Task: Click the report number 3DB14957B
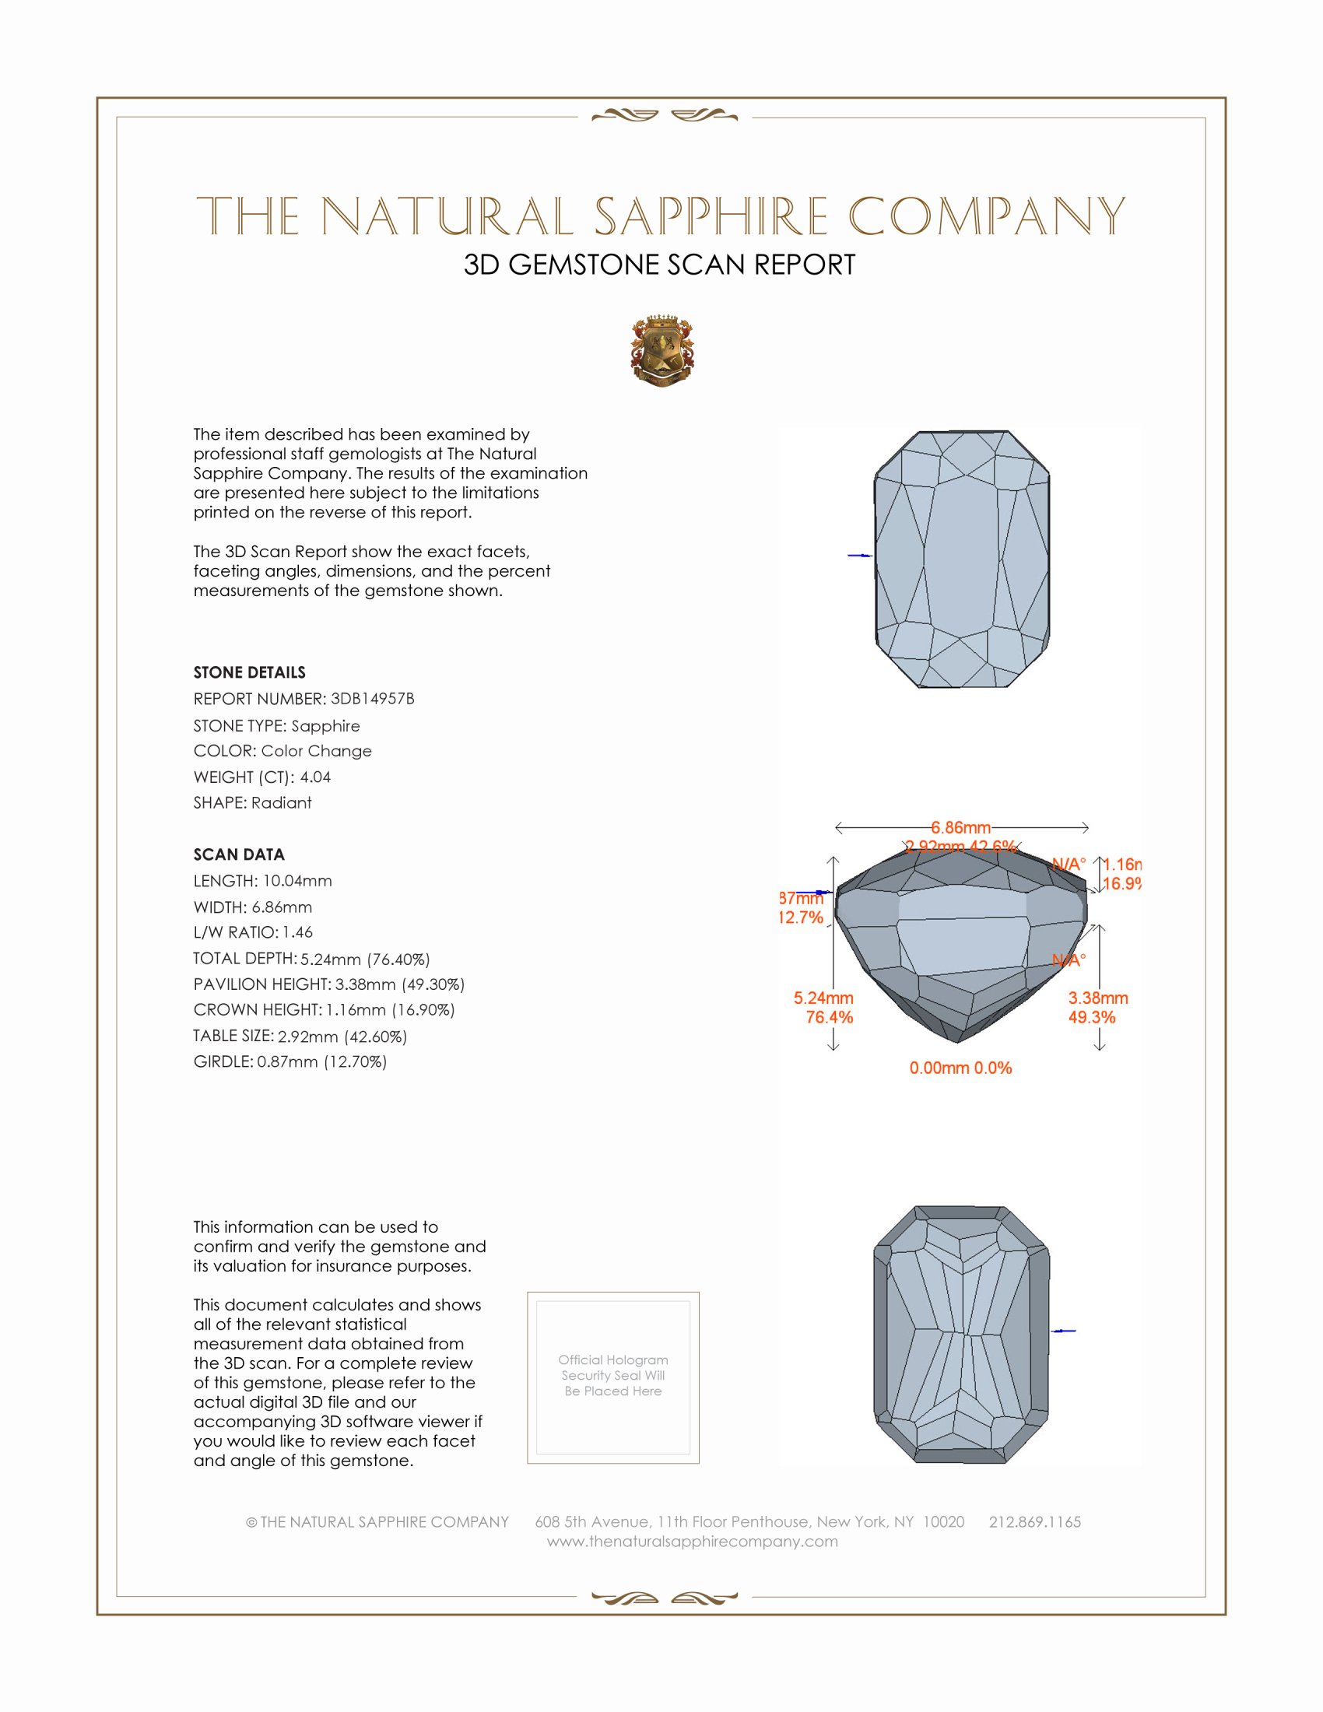pyautogui.click(x=372, y=699)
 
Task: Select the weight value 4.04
pyautogui.click(x=315, y=777)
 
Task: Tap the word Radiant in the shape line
pyautogui.click(x=282, y=803)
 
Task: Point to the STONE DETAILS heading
pyautogui.click(x=249, y=672)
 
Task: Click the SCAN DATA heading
pyautogui.click(x=238, y=854)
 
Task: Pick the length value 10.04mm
pyautogui.click(x=297, y=881)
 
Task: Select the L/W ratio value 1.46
pyautogui.click(x=298, y=933)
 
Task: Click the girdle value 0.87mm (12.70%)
pyautogui.click(x=321, y=1062)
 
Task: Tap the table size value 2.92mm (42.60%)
pyautogui.click(x=342, y=1037)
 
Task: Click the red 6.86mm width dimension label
pyautogui.click(x=960, y=828)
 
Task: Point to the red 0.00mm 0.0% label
pyautogui.click(x=960, y=1068)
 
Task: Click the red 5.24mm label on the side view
pyautogui.click(x=823, y=998)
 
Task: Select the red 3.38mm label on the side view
pyautogui.click(x=1097, y=998)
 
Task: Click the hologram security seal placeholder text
pyautogui.click(x=613, y=1376)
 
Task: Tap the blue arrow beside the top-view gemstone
pyautogui.click(x=860, y=555)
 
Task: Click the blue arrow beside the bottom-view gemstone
pyautogui.click(x=1064, y=1331)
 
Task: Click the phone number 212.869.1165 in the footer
pyautogui.click(x=1034, y=1521)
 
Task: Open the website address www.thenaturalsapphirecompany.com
pyautogui.click(x=692, y=1541)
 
